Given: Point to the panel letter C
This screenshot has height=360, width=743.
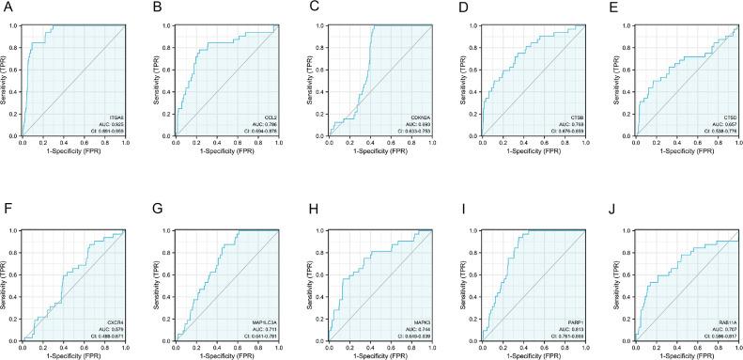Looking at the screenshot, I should click(x=307, y=7).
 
